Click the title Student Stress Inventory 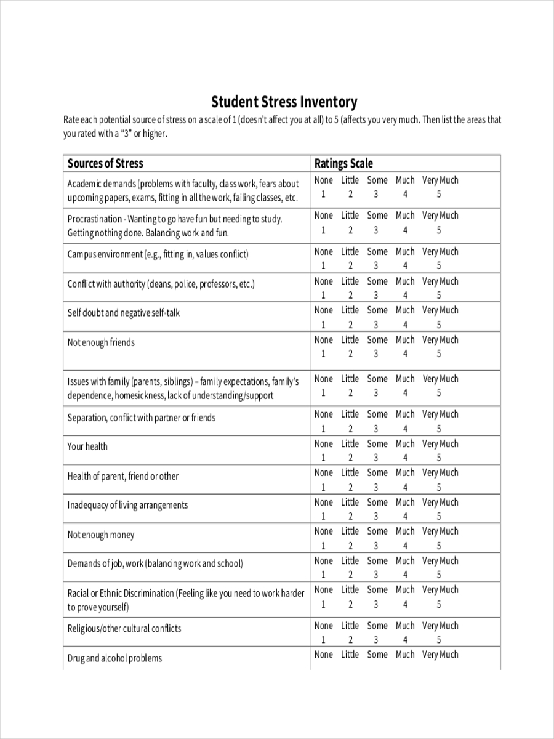[284, 102]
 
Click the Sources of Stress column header [105, 163]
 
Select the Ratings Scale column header [343, 163]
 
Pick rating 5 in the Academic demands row [439, 195]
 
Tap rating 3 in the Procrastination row [375, 230]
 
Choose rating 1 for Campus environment [323, 266]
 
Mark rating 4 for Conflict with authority [405, 296]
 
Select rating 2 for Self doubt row [350, 325]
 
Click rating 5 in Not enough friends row [439, 354]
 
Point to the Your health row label [87, 446]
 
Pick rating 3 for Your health [375, 458]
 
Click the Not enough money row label [101, 535]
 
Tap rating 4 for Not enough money [405, 546]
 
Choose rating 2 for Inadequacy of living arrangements [350, 517]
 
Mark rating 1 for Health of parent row [323, 487]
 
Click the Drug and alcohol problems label [114, 658]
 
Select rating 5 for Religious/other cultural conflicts [439, 640]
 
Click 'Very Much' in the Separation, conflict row [440, 414]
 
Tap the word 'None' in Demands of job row [323, 561]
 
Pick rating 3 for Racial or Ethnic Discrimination [375, 605]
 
